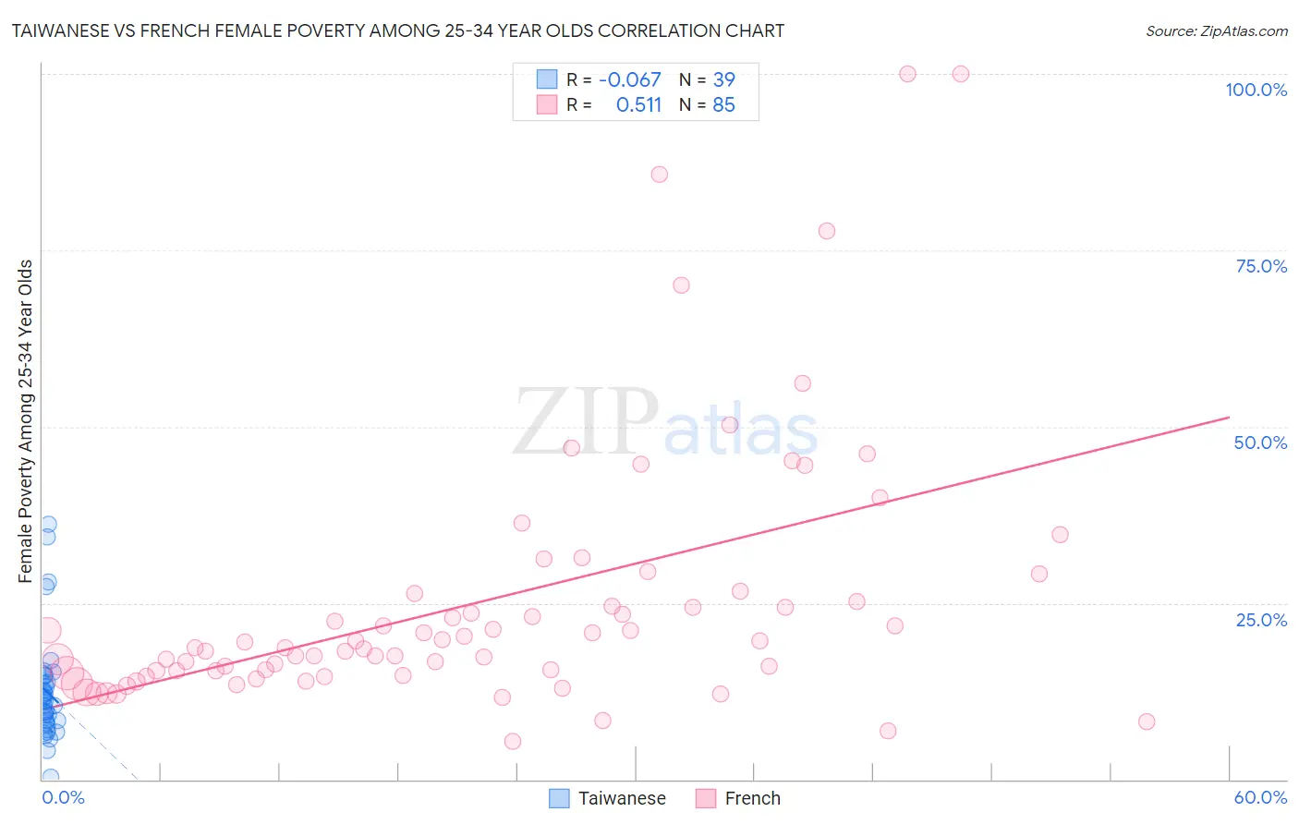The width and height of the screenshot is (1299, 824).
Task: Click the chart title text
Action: [x=397, y=30]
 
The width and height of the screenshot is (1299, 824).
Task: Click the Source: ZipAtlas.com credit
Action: [x=1216, y=30]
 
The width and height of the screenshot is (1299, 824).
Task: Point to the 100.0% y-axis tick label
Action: [x=1256, y=90]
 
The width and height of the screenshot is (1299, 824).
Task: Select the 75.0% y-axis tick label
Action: [x=1261, y=266]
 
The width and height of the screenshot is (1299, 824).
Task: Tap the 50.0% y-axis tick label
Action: [x=1260, y=442]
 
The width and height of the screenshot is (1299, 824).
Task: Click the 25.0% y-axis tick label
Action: [x=1261, y=619]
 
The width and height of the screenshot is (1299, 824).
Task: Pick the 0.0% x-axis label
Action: [x=63, y=797]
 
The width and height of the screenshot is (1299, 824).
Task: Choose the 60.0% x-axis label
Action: [x=1260, y=797]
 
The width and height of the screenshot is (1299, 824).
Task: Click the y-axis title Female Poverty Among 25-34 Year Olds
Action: [x=26, y=421]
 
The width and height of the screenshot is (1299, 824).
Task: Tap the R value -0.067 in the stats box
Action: [x=630, y=80]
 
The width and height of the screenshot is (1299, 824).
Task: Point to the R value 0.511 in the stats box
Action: [x=638, y=105]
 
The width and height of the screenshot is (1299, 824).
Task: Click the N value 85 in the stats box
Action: [x=723, y=105]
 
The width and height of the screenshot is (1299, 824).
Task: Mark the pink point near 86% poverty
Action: [x=659, y=175]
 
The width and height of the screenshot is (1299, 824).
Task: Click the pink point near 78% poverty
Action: [x=827, y=231]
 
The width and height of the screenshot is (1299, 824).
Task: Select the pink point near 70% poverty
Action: [x=681, y=285]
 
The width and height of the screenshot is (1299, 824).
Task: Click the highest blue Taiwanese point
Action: [x=48, y=524]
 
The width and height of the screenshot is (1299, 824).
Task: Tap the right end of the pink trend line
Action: [x=1229, y=418]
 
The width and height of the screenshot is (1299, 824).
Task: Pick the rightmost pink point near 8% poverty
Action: [x=1147, y=721]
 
